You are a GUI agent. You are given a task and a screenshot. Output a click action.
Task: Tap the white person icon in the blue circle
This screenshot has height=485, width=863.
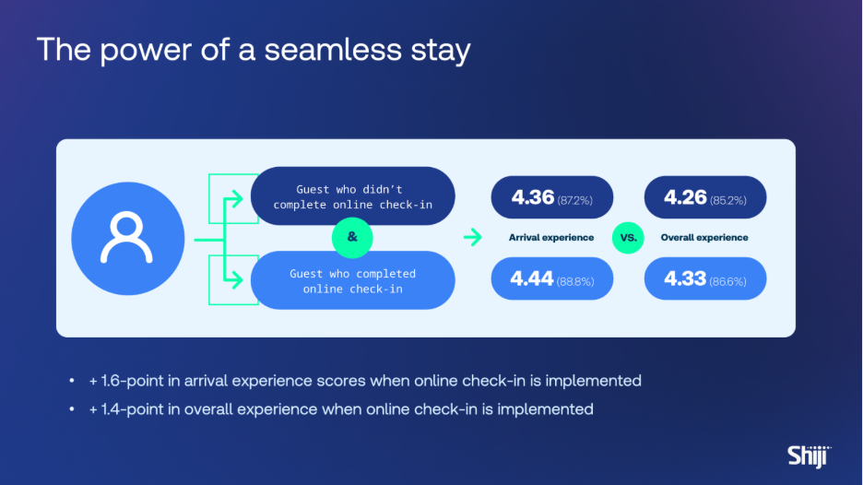(126, 237)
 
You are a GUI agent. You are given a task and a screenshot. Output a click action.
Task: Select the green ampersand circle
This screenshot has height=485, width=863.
(352, 237)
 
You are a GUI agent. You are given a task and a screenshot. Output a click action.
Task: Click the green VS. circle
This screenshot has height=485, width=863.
(628, 238)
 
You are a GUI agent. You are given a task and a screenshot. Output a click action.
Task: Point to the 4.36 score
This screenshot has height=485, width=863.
(532, 197)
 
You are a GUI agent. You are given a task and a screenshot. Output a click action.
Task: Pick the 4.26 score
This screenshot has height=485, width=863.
(685, 197)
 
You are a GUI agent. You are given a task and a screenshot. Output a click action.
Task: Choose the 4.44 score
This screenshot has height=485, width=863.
(532, 278)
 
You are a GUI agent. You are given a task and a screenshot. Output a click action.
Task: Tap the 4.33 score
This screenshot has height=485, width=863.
(685, 278)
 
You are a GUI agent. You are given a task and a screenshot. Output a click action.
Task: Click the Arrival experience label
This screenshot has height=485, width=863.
(551, 237)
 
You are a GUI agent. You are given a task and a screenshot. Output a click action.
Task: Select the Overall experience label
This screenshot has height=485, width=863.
(704, 237)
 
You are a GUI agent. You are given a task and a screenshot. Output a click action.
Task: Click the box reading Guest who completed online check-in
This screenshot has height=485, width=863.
(353, 280)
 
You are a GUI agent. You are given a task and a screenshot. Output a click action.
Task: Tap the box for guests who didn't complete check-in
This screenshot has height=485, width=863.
(353, 196)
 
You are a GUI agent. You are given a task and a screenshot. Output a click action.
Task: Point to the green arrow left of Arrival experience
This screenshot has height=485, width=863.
(472, 237)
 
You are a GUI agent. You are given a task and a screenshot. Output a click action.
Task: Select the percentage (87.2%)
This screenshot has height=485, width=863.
(575, 200)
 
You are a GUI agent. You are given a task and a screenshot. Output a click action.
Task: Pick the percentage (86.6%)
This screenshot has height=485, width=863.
(728, 282)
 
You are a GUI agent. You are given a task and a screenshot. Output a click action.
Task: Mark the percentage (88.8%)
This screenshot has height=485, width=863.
(575, 282)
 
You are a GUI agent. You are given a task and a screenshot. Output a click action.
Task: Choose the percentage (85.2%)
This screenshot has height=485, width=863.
(728, 200)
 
